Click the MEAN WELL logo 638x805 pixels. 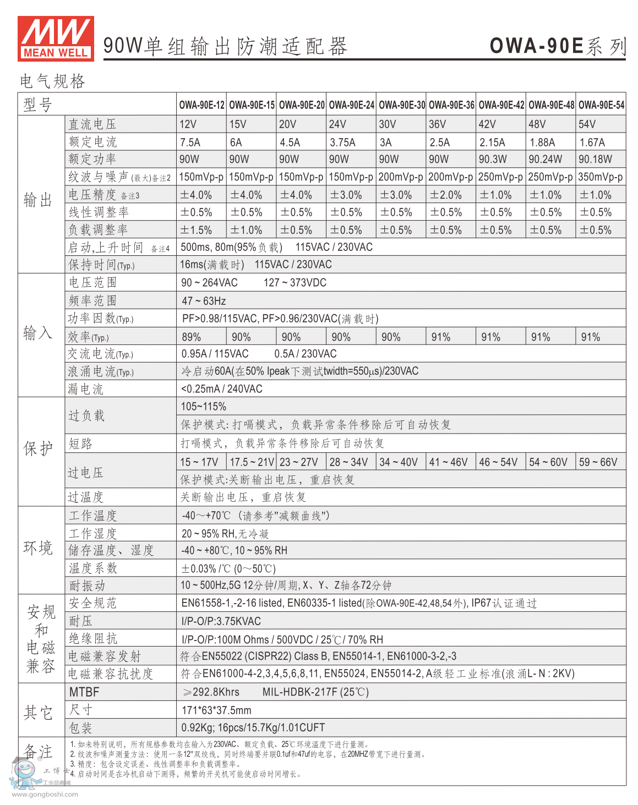coord(56,38)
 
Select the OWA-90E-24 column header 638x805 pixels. coord(351,105)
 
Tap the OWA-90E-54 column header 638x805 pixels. coord(601,105)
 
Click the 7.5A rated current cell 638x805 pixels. coord(190,143)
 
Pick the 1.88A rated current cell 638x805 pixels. coord(542,143)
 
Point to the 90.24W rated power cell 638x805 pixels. coord(545,160)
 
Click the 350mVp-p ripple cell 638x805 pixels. coord(601,177)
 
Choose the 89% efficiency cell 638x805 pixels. coord(191,337)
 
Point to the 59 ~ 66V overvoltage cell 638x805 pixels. coord(598,462)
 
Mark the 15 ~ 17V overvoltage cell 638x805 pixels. coord(199,462)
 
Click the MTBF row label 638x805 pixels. coord(84,692)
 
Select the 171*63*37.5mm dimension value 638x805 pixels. coord(216,710)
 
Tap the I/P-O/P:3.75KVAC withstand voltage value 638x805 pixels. coord(221,621)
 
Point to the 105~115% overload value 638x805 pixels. coord(204,407)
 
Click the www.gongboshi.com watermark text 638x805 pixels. coord(45,794)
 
